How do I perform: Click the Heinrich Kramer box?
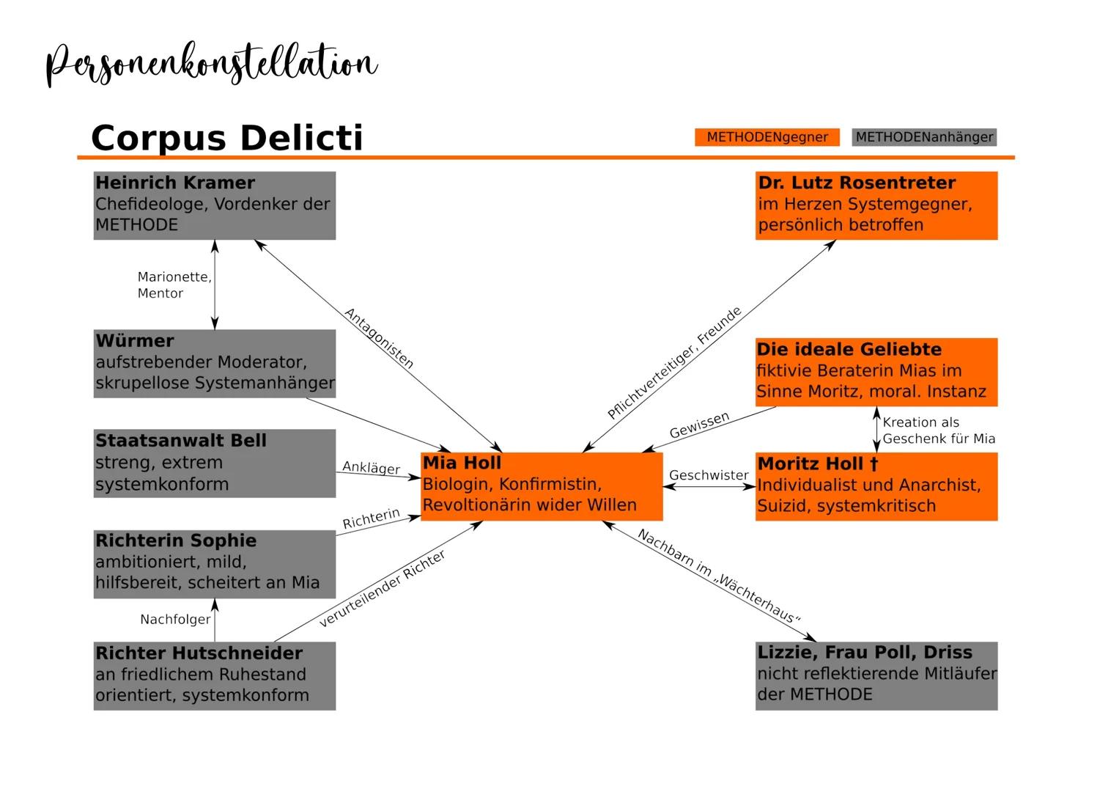click(214, 205)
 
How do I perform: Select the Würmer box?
click(214, 364)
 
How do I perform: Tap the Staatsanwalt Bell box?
click(214, 463)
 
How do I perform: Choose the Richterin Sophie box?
click(214, 563)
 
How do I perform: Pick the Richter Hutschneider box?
click(214, 675)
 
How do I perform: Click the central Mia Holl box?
click(542, 486)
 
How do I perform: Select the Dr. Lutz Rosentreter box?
click(876, 205)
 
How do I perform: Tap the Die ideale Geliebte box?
click(876, 372)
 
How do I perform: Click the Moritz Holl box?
click(876, 486)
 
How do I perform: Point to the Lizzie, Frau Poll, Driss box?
click(876, 675)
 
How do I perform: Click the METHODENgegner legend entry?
click(767, 137)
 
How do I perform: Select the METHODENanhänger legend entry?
click(924, 137)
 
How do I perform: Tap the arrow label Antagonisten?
click(379, 338)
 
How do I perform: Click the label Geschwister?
click(709, 475)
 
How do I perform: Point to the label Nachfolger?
click(175, 620)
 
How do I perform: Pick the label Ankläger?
click(371, 468)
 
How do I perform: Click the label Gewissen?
click(700, 425)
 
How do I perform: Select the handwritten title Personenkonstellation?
click(211, 65)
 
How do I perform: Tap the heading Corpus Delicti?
click(227, 137)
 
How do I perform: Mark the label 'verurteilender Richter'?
click(383, 589)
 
